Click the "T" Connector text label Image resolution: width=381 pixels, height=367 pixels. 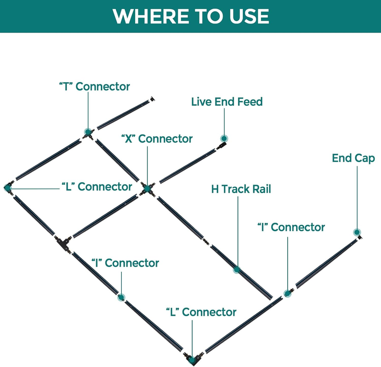[94, 87]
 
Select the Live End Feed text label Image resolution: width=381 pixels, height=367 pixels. [227, 102]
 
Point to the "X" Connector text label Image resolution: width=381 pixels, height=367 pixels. [157, 139]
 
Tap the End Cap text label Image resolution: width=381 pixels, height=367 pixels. [353, 158]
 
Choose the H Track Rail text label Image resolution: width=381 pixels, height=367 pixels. [241, 189]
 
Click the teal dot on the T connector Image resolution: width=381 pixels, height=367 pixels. [88, 132]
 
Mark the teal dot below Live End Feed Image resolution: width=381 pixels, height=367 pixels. [224, 139]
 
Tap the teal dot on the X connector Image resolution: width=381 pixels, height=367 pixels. [147, 188]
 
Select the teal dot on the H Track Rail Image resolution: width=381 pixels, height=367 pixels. [237, 269]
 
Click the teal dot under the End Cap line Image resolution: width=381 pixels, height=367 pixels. [357, 232]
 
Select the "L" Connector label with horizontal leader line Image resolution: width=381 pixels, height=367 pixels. [97, 187]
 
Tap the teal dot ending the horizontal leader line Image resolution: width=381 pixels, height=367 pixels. [8, 188]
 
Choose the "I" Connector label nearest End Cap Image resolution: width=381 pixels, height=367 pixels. [291, 228]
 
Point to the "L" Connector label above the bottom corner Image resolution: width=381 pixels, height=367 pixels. [201, 312]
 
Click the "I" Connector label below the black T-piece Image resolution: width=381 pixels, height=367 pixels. [125, 263]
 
